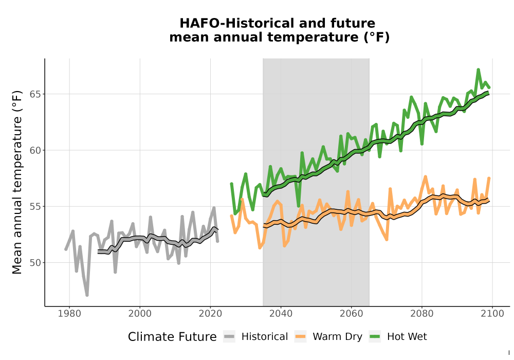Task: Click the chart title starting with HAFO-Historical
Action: coord(279,30)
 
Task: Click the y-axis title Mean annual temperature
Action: coord(17,182)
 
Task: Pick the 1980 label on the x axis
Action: coord(69,314)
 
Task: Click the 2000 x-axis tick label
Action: coord(140,314)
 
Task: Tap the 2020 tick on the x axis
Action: coord(210,314)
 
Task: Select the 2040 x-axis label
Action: coord(281,314)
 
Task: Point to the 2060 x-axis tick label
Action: coord(352,314)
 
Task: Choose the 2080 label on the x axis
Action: coord(422,314)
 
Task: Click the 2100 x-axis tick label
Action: coord(492,314)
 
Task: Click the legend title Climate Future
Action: coord(172,337)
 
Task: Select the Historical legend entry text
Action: coord(265,337)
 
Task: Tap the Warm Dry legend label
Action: coord(337,337)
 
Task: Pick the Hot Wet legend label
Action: coord(407,337)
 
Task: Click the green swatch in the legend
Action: coord(375,337)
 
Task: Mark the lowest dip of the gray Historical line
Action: coord(87,295)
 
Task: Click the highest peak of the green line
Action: coord(478,69)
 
